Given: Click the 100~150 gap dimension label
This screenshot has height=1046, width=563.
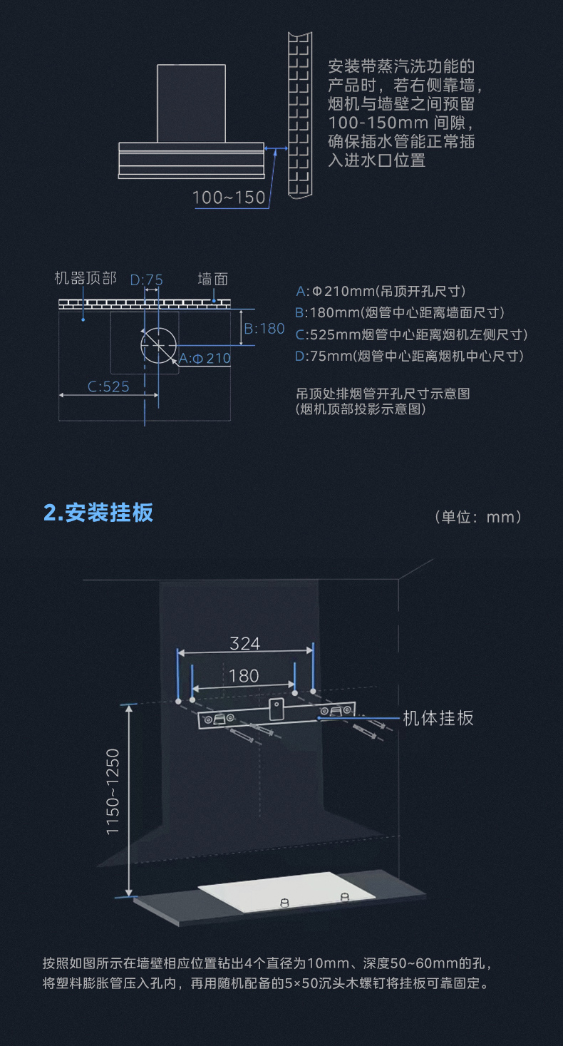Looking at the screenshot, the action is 229,198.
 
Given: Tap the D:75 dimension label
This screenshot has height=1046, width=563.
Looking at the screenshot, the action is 147,280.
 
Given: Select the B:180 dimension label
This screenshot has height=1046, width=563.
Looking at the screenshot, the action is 264,329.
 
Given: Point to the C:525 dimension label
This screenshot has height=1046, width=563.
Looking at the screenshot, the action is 108,386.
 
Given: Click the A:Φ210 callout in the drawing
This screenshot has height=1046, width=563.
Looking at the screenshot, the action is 205,358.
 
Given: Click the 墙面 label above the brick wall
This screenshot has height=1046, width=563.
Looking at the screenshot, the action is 213,280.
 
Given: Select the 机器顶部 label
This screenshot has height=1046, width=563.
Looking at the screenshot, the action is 86,278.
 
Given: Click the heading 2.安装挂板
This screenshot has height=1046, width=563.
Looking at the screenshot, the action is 98,512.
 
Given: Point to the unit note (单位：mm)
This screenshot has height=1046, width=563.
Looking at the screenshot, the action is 478,517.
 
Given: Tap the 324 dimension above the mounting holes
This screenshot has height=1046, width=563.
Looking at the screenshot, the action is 244,643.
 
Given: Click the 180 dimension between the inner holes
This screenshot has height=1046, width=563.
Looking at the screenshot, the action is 244,676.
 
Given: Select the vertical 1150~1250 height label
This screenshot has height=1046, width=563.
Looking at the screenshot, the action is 113,792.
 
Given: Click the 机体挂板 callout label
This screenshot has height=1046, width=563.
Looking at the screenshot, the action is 438,718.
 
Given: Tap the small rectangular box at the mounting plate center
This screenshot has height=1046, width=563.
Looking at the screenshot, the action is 277,709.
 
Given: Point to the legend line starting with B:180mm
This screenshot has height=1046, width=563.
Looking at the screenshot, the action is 400,313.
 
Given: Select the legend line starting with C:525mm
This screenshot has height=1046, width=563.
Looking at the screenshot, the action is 411,335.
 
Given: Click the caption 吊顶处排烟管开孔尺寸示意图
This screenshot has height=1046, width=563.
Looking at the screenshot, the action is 383,394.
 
